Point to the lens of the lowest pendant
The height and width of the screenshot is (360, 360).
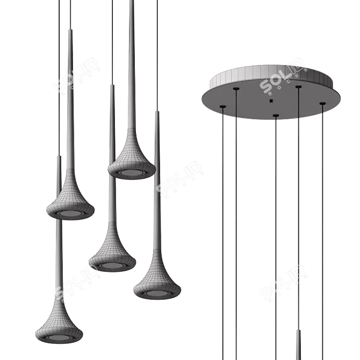pos(59,338)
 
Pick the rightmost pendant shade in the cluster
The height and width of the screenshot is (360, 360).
pos(156,282)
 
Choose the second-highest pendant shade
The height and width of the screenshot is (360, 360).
pos(70,199)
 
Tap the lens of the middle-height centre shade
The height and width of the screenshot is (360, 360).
pos(112,265)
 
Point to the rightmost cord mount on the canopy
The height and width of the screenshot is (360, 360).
pos(322,103)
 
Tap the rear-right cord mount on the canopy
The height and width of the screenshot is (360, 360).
pos(298,86)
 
